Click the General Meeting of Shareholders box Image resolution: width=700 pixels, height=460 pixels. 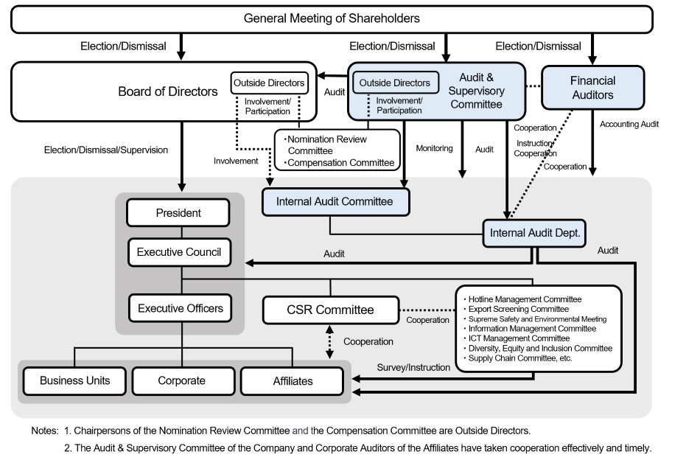pyautogui.click(x=332, y=18)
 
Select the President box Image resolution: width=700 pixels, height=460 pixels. pyautogui.click(x=178, y=213)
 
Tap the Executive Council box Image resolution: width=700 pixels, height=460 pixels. pyautogui.click(x=178, y=252)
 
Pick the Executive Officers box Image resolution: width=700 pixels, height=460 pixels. pyautogui.click(x=180, y=308)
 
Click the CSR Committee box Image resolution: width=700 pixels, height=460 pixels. pyautogui.click(x=330, y=310)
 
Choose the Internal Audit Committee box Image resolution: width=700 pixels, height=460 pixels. pyautogui.click(x=335, y=201)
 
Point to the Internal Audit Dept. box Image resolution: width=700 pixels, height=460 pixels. pyautogui.click(x=535, y=234)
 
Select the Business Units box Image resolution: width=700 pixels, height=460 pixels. pyautogui.click(x=74, y=381)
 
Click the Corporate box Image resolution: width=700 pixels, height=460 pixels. pyautogui.click(x=181, y=381)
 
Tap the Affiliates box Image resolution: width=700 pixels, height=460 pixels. pyautogui.click(x=292, y=381)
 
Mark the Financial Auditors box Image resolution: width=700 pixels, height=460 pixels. pyautogui.click(x=592, y=88)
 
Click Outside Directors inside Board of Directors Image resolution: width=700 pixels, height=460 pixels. pyautogui.click(x=269, y=83)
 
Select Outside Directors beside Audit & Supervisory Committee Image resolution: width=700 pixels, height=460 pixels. pyautogui.click(x=395, y=83)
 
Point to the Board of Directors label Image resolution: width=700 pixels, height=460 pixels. pyautogui.click(x=168, y=92)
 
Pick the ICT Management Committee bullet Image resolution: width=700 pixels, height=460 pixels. pyautogui.click(x=519, y=338)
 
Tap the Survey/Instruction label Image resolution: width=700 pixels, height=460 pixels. pyautogui.click(x=413, y=367)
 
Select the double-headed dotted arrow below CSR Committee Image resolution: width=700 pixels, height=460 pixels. pyautogui.click(x=330, y=342)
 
